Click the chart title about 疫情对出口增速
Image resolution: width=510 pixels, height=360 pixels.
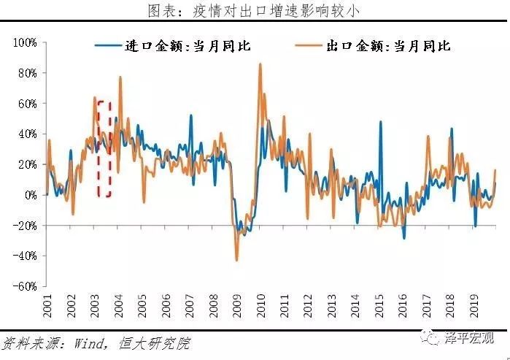click(x=254, y=11)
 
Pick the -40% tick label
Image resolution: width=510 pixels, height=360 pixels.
click(x=25, y=256)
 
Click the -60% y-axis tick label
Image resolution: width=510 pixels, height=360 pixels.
click(x=25, y=287)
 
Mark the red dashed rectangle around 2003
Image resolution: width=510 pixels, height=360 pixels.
click(x=104, y=148)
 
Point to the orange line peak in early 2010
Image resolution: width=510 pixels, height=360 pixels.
click(x=260, y=64)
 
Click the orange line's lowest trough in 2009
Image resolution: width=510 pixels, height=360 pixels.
click(x=236, y=260)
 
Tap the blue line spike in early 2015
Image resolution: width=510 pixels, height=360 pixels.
click(x=380, y=122)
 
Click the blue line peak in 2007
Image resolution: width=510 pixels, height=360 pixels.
click(x=191, y=115)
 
